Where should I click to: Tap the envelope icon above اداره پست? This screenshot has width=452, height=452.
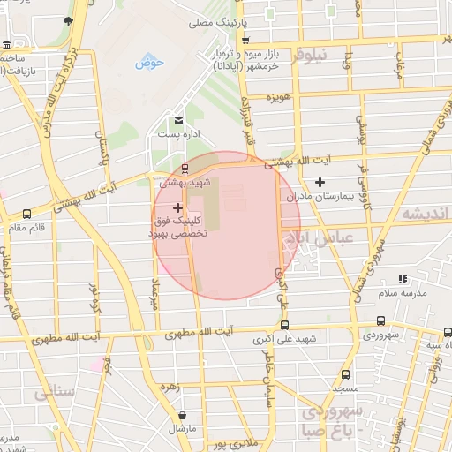pos(178,120)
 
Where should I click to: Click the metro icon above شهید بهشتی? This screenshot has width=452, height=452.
pos(184,168)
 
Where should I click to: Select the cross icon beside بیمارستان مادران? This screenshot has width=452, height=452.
pos(320,182)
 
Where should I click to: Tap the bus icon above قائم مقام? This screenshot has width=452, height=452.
pos(27,214)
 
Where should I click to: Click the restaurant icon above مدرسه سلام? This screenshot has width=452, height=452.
pos(403,279)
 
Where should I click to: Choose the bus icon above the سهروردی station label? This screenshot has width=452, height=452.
pos(380,321)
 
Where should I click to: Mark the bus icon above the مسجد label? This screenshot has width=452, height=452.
pos(345,374)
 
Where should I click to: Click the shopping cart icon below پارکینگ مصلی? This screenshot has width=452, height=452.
pos(245,40)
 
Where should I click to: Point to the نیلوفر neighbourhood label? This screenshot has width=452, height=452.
pos(310,55)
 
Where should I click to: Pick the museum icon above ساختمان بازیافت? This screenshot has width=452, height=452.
pos(7,45)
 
